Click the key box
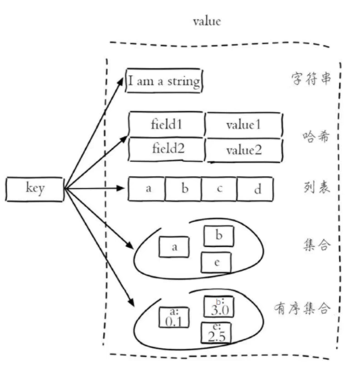click(35, 189)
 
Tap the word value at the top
click(207, 21)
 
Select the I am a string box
click(164, 81)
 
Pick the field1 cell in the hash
click(167, 124)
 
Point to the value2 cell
click(244, 150)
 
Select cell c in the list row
click(219, 189)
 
